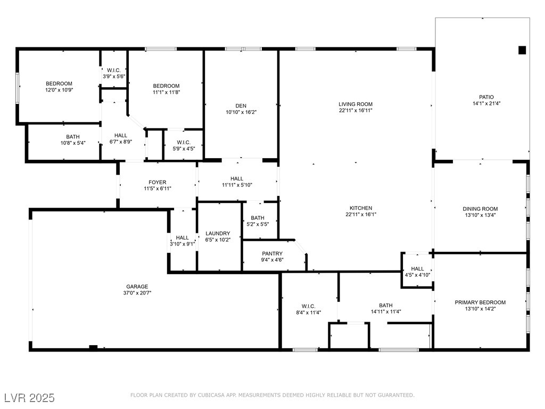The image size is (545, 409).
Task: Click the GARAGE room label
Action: pos(137,287)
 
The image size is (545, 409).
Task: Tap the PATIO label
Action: pos(486,97)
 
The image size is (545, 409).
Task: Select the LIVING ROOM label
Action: pos(356,104)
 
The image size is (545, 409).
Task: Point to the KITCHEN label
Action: pos(361,208)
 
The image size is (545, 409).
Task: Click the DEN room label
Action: pos(241,106)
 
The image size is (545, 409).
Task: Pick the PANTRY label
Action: pos(272,253)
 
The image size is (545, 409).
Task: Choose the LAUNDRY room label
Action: pos(218,233)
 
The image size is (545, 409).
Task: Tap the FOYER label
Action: pos(158,182)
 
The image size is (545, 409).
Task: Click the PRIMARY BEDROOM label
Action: pos(480,302)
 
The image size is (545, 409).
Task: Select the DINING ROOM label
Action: pos(480,209)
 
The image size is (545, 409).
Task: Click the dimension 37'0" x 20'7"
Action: pos(137,293)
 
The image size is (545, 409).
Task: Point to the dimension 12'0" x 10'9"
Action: pos(59,89)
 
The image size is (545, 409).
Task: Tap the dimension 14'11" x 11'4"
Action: pos(386,312)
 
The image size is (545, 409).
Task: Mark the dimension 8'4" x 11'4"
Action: pos(308,312)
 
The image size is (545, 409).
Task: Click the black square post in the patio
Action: pos(522,50)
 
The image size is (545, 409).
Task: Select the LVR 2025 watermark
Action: pos(30,397)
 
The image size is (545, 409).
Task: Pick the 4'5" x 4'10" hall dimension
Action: pos(417,275)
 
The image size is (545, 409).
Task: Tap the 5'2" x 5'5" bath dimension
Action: pos(258,224)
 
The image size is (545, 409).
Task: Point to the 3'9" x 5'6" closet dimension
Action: pos(114,77)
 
